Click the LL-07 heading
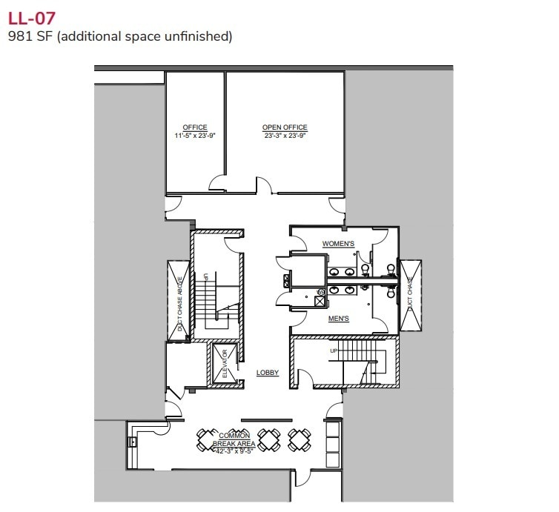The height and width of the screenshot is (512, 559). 30,16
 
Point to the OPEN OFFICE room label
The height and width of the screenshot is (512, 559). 285,127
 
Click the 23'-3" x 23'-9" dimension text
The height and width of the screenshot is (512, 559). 285,136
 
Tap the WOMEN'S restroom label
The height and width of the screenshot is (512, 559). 338,244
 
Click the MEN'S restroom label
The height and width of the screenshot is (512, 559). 340,319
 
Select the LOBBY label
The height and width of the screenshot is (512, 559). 268,373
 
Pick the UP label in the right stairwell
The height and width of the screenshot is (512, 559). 333,350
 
